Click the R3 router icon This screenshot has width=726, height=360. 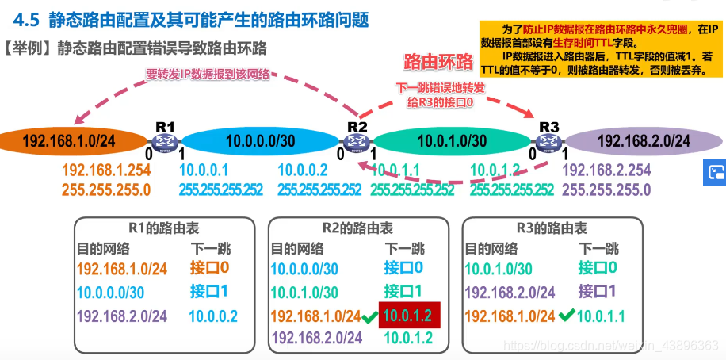547,141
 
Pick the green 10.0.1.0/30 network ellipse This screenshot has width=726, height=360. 452,142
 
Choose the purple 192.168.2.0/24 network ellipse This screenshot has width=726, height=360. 643,142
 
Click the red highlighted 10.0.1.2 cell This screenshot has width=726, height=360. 408,316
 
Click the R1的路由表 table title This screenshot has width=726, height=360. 164,228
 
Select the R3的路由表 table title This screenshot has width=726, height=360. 552,228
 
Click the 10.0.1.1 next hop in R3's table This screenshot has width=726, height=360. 601,316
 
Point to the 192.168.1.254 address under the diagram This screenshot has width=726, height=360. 106,170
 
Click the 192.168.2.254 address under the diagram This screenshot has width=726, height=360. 606,170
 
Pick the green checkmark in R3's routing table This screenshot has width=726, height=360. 565,315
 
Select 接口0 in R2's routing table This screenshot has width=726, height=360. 403,268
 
